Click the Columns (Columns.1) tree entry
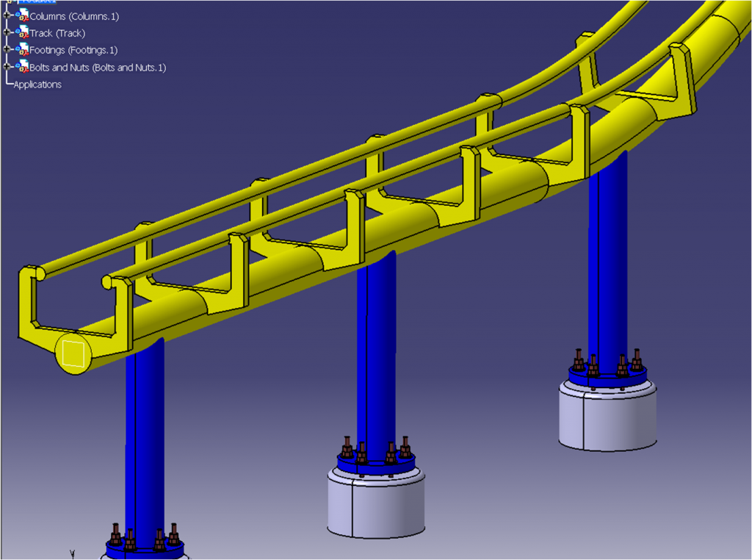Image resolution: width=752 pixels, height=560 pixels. [73, 16]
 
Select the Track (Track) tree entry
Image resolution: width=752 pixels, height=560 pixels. [57, 33]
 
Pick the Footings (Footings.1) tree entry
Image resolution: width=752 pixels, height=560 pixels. [73, 50]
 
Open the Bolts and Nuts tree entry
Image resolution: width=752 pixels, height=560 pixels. [97, 68]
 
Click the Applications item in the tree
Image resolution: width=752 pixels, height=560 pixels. [37, 85]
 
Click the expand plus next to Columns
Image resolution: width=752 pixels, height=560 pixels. [7, 15]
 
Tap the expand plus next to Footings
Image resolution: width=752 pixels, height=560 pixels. [7, 49]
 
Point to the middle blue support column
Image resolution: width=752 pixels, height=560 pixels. [376, 353]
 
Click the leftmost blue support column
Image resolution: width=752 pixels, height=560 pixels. [145, 441]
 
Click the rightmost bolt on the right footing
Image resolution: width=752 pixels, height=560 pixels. [637, 359]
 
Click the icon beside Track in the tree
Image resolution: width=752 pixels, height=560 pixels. [22, 32]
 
